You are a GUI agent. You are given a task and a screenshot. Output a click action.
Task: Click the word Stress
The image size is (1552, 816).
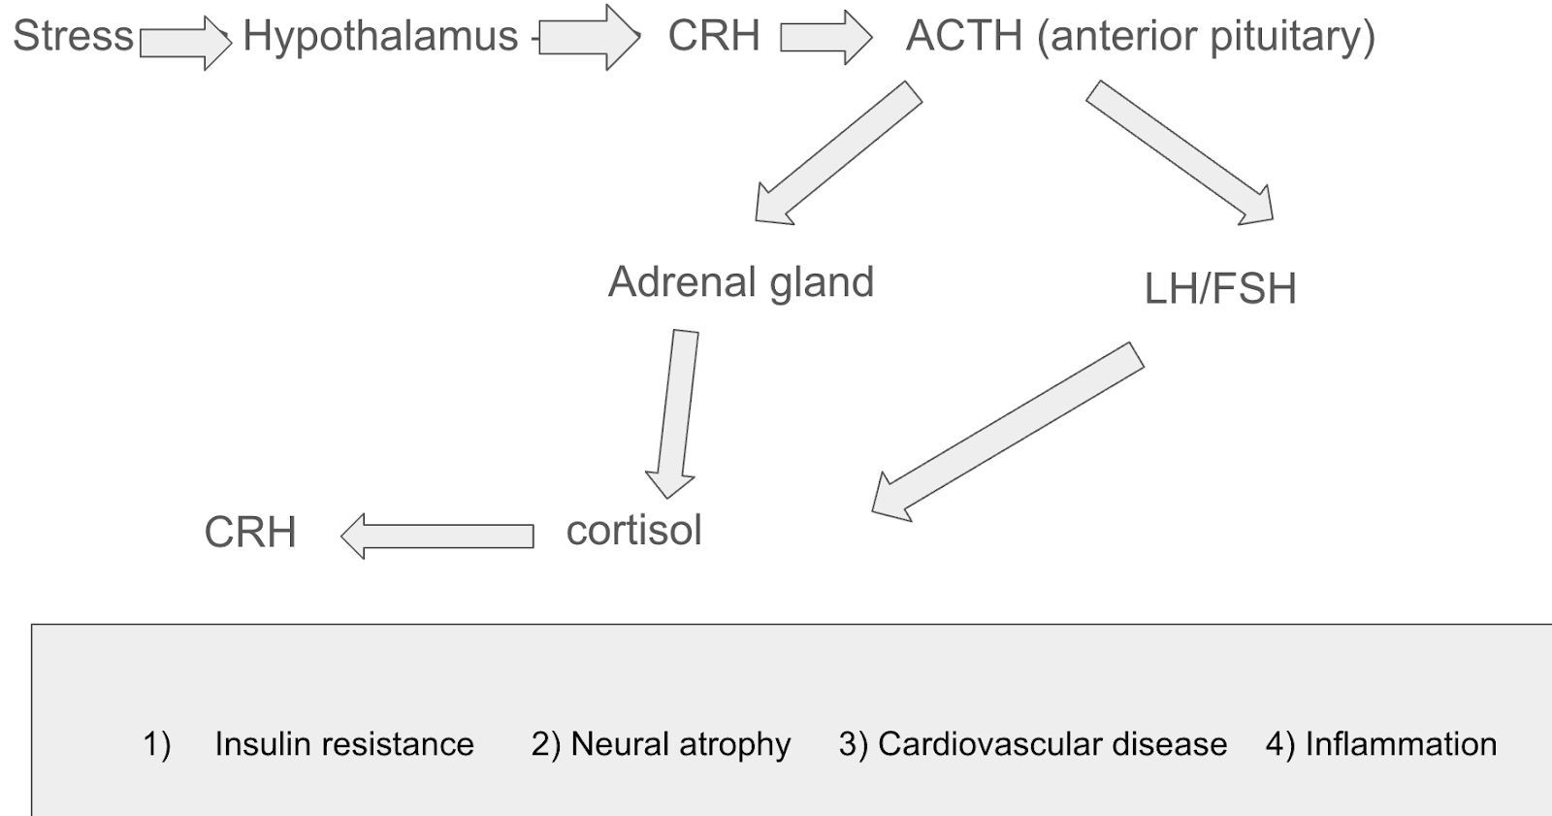[73, 36]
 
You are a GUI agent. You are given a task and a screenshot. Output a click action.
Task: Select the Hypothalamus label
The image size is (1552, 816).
[380, 36]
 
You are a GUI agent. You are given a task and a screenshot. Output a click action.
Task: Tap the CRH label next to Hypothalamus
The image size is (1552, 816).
[714, 36]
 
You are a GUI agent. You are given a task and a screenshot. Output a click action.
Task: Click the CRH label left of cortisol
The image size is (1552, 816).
[250, 532]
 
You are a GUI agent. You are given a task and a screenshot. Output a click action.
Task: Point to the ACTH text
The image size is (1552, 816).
[964, 36]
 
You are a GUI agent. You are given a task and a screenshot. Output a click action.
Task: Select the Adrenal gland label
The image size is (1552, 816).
[741, 282]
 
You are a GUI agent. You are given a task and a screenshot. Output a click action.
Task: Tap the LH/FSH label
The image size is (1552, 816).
[1220, 288]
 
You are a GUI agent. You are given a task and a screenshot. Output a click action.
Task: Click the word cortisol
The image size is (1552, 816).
[634, 530]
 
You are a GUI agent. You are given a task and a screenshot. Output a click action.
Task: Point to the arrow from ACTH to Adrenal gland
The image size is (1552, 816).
[838, 153]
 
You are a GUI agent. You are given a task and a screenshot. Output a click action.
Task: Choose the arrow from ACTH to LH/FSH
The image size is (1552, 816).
[1180, 153]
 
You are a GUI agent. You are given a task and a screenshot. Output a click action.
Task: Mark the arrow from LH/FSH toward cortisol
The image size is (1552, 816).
[1009, 431]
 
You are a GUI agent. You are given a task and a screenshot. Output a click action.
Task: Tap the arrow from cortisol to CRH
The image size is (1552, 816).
[438, 536]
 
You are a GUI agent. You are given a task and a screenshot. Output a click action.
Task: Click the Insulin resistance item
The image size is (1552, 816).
[344, 744]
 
